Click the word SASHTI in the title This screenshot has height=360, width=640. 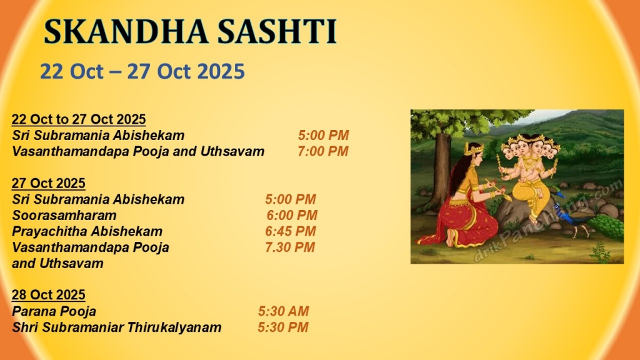[x=277, y=32]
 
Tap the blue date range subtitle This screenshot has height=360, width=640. [x=142, y=71]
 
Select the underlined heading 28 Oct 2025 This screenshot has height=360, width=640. [x=49, y=295]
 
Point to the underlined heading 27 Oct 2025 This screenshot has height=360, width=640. [x=49, y=183]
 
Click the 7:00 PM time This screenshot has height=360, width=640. [x=323, y=151]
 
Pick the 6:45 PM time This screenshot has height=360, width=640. [x=290, y=231]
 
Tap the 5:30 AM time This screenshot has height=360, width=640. [x=283, y=311]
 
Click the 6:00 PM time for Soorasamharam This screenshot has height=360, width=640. [x=292, y=216]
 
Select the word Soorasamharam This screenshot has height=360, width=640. [x=64, y=216]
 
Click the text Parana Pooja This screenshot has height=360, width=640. [x=54, y=311]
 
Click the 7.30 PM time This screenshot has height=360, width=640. [x=290, y=247]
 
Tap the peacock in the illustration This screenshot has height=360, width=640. [x=587, y=218]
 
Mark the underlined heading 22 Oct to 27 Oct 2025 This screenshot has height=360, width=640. [x=79, y=119]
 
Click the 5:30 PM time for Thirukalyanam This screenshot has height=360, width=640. [x=283, y=327]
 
